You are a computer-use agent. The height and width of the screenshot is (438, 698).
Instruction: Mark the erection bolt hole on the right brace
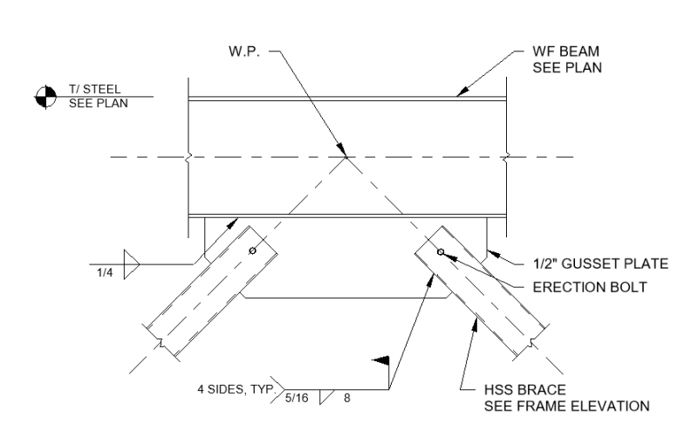pyautogui.click(x=441, y=252)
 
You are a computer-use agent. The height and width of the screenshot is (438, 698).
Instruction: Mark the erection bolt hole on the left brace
pyautogui.click(x=252, y=251)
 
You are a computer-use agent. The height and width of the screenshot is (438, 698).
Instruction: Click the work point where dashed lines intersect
pyautogui.click(x=346, y=157)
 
